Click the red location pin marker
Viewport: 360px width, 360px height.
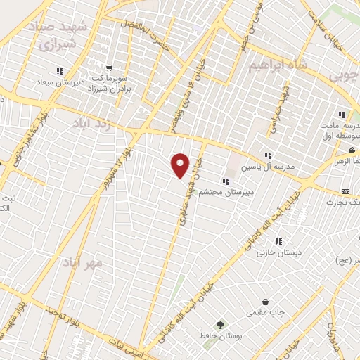coord(181,165)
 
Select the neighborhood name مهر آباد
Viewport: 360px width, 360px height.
coord(82,263)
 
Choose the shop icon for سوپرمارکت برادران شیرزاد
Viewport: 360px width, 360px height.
coord(109,68)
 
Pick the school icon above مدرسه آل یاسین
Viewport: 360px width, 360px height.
coord(267,155)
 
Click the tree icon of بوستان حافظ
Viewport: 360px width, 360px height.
coord(221,324)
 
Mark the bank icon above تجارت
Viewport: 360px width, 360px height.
coord(345,191)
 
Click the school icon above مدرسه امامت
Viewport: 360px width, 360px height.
coord(342,115)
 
